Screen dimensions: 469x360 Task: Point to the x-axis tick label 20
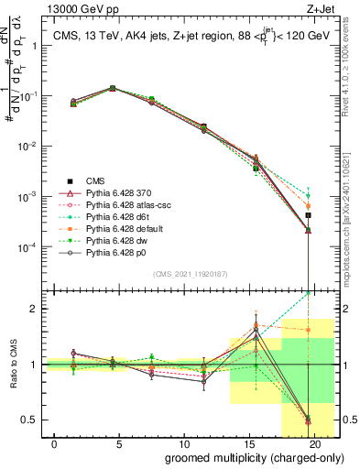tap(314, 443)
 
